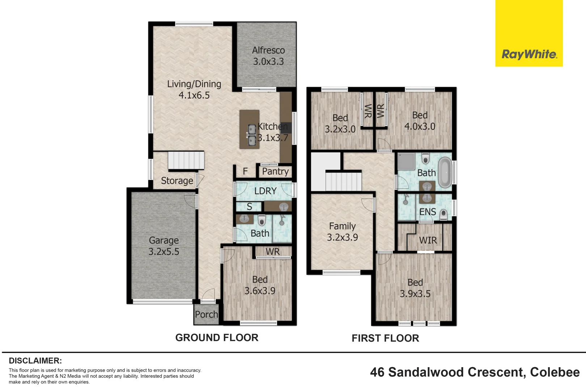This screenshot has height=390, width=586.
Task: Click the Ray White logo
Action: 529,33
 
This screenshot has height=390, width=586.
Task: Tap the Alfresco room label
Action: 268,50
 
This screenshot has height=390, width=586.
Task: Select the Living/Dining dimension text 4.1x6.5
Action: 194,95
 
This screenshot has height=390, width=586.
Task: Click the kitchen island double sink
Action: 252,135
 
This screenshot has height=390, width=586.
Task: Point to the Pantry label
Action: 275,172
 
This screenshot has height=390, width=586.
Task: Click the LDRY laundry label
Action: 265,191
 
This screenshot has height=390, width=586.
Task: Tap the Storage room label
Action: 177,181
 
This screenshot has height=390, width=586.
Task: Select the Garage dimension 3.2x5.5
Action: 164,252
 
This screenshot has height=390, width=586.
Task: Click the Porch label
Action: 207,314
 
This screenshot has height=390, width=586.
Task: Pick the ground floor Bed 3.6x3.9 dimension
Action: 260,291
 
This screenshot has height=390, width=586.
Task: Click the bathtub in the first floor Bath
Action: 445,172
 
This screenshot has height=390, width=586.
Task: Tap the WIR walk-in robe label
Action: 428,240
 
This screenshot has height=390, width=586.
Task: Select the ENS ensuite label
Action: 428,212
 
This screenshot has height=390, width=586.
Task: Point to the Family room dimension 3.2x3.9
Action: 343,237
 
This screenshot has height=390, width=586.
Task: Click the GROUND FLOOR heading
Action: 217,338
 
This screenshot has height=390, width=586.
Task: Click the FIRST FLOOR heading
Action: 385,338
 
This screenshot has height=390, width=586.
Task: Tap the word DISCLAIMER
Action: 35,361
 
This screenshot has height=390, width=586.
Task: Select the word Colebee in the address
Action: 555,372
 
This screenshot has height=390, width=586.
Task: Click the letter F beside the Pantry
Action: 245,172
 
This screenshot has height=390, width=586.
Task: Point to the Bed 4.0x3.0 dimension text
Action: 420,126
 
